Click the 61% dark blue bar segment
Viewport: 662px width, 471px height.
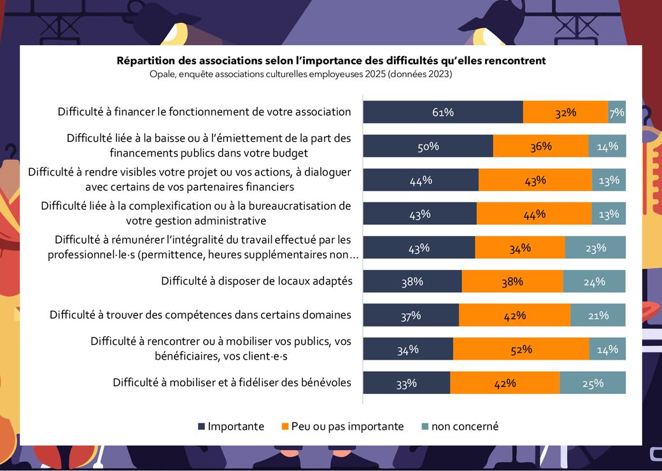coord(443,112)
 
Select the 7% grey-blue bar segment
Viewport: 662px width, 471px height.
coord(617,112)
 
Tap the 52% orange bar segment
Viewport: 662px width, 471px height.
coord(521,349)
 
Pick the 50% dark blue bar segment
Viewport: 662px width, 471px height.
coord(428,146)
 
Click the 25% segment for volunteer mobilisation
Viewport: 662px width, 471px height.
coord(593,383)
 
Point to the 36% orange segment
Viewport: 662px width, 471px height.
coord(540,146)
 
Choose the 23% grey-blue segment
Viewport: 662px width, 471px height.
coord(595,248)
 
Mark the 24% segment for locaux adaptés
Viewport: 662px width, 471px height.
coord(594,281)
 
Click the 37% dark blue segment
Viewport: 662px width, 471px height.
coord(411,315)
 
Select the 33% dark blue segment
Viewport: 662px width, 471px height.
coord(406,383)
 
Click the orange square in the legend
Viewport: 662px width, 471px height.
coord(285,426)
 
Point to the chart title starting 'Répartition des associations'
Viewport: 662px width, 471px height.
coord(331,61)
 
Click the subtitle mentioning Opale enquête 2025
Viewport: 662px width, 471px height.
coord(300,74)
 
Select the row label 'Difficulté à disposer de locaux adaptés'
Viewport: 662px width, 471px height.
coord(257,281)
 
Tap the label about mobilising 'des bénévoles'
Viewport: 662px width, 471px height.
coord(232,383)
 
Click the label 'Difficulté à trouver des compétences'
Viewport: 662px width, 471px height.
coord(201,314)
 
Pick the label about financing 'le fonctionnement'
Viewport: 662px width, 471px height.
coord(204,111)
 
